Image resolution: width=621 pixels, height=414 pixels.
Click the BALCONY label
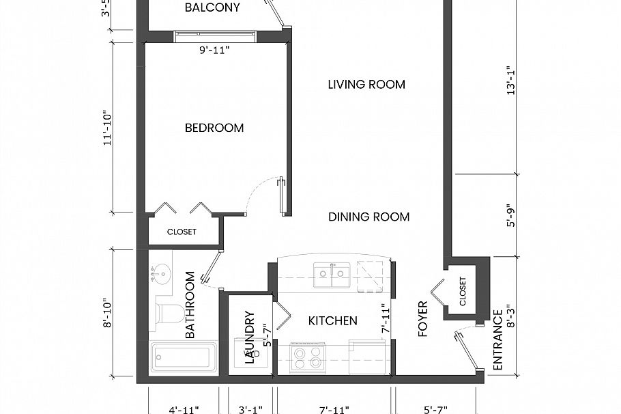click(x=212, y=8)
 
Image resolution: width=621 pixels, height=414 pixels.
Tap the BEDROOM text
click(x=214, y=128)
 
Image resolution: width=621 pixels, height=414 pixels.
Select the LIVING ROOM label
click(x=366, y=85)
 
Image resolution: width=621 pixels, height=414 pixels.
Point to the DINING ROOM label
click(x=369, y=217)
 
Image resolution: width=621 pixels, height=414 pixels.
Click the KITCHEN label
click(x=333, y=320)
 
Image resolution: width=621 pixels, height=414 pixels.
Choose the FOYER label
click(x=423, y=319)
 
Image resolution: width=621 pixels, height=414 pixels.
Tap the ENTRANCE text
click(x=497, y=340)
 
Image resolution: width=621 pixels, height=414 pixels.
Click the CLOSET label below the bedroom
click(x=182, y=232)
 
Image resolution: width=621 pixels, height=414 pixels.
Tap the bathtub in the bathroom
click(x=184, y=357)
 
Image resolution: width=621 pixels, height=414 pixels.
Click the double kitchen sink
click(x=332, y=275)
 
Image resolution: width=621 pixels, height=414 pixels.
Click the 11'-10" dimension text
click(x=106, y=127)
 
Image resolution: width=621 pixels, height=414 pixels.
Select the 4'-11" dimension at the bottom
click(x=183, y=410)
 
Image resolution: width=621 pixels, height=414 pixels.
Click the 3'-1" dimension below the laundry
click(x=250, y=410)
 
